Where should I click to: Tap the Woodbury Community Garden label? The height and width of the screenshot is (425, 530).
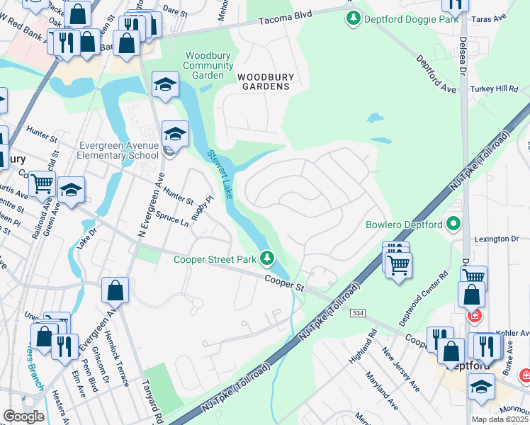(x=208, y=65)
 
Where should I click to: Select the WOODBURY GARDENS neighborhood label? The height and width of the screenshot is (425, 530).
(x=264, y=81)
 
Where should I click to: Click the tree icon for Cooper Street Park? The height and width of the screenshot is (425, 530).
(x=267, y=259)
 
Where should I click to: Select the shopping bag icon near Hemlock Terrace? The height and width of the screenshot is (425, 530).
(x=115, y=290)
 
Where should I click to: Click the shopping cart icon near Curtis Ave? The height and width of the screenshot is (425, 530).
(x=42, y=183)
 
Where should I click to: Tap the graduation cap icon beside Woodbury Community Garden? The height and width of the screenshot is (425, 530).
(x=165, y=85)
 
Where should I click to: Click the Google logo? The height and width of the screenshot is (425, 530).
(x=23, y=416)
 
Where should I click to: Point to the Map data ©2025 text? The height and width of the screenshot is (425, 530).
(x=500, y=419)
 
